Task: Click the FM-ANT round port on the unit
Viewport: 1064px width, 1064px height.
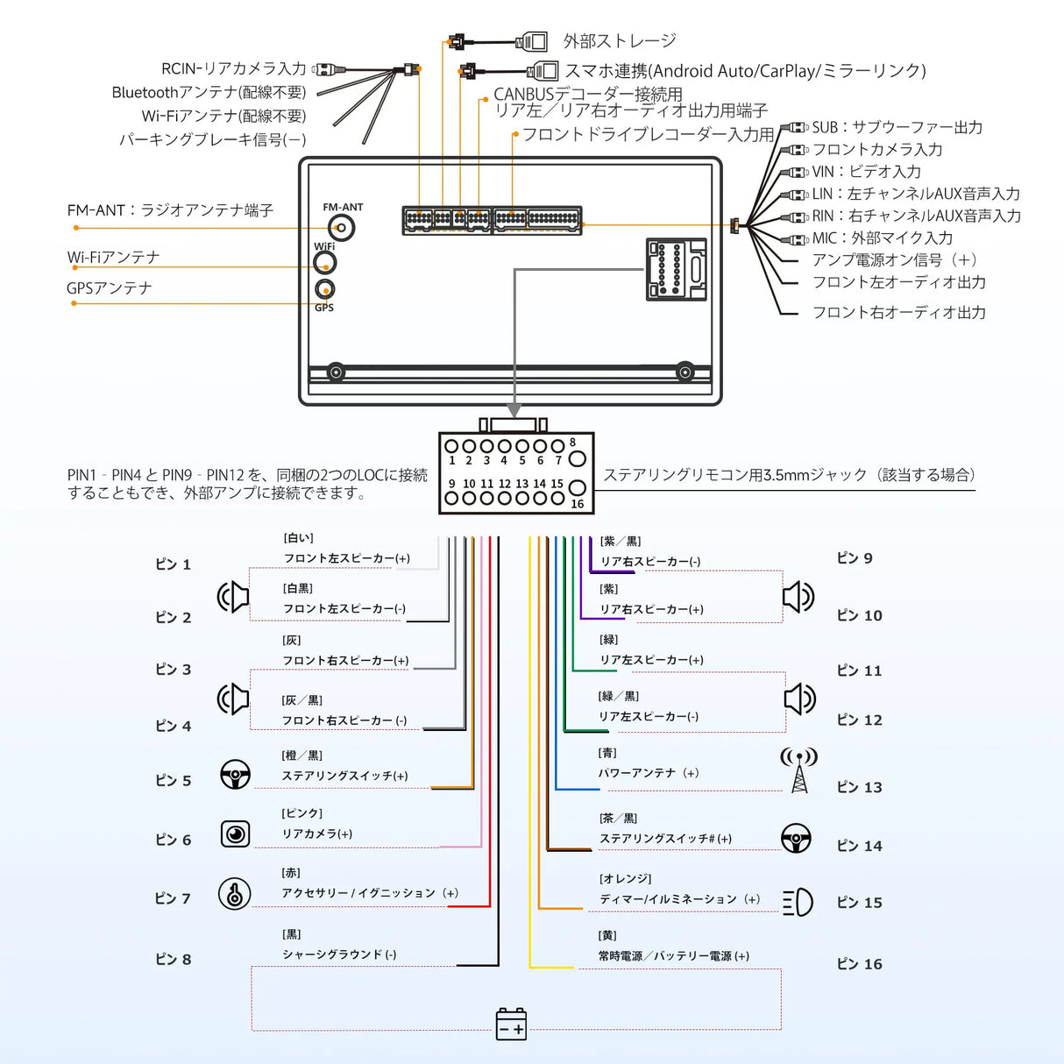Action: [x=342, y=228]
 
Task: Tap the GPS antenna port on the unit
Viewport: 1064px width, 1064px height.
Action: [x=324, y=289]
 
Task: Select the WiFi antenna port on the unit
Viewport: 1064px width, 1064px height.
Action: [x=325, y=262]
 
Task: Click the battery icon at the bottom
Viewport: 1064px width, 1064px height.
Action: [x=511, y=1024]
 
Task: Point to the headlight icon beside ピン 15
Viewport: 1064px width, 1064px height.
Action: [x=798, y=902]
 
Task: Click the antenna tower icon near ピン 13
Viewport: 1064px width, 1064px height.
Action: [x=798, y=770]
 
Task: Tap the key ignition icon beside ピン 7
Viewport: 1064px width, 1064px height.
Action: [x=234, y=894]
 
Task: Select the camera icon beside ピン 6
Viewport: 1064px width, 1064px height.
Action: [x=235, y=833]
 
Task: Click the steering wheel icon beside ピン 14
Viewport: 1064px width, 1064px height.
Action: [x=796, y=838]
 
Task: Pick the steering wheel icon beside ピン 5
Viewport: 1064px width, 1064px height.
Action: [x=235, y=775]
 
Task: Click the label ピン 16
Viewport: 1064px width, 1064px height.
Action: [x=859, y=964]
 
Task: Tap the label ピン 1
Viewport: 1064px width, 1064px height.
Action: [x=173, y=564]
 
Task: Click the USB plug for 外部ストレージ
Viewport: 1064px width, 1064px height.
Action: [x=532, y=41]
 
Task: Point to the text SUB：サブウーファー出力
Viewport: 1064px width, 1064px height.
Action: [x=897, y=128]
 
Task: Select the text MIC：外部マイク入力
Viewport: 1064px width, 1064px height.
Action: [x=882, y=238]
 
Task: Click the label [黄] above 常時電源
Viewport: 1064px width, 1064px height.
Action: [x=607, y=936]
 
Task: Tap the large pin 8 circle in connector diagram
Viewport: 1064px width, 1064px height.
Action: [x=577, y=458]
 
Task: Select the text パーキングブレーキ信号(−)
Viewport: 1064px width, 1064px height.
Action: [x=212, y=139]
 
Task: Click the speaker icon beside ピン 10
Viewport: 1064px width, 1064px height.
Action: [x=798, y=597]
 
